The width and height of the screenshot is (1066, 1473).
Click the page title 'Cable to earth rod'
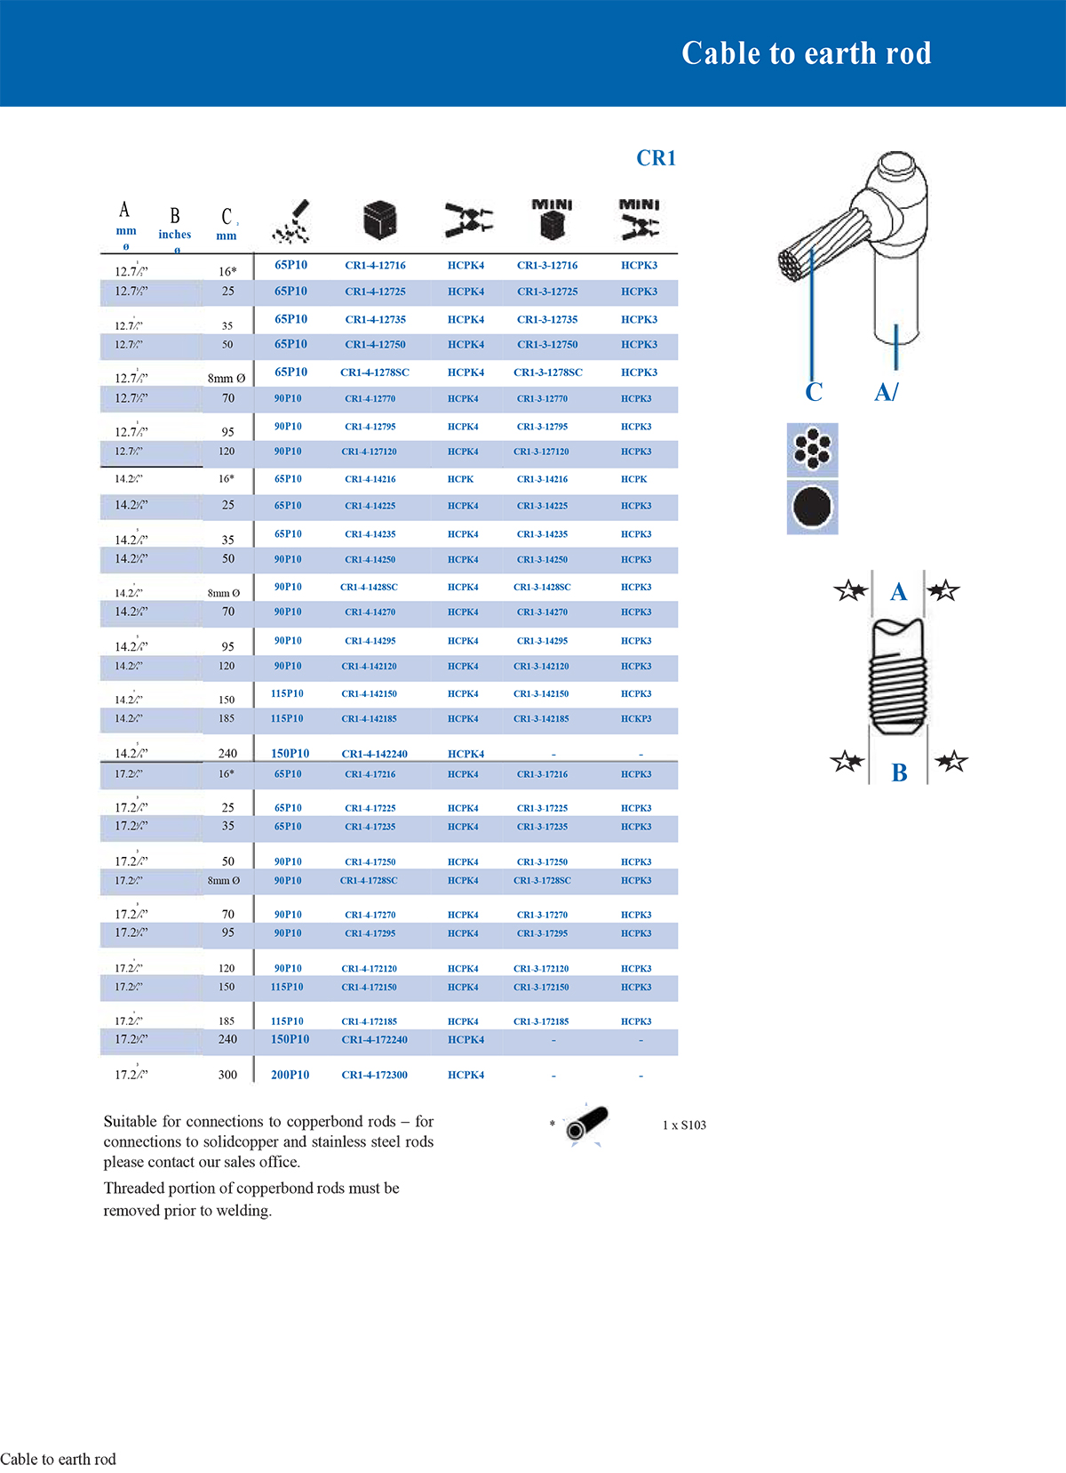[x=806, y=53]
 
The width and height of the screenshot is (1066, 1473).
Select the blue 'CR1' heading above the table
[x=656, y=158]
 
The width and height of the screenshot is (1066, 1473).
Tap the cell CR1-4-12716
[x=375, y=265]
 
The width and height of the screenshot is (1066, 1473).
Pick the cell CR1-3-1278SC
[x=547, y=372]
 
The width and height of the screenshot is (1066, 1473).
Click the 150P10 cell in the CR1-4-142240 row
[x=290, y=753]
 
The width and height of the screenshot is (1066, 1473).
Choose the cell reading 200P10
[x=290, y=1075]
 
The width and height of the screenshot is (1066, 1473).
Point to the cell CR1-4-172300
[x=374, y=1075]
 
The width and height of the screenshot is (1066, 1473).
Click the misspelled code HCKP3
[x=636, y=718]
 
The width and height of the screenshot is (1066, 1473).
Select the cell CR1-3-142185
[x=541, y=718]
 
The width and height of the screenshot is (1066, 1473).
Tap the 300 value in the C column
[x=227, y=1075]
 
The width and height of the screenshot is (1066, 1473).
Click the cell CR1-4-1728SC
[x=369, y=880]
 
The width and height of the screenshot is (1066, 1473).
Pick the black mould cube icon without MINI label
[x=379, y=220]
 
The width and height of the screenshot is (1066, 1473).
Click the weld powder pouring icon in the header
[x=291, y=222]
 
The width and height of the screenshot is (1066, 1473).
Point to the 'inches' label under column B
[x=174, y=235]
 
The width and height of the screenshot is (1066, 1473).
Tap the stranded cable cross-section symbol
[x=812, y=449]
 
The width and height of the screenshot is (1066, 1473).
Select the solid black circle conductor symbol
[x=812, y=508]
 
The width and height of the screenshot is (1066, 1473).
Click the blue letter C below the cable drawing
[x=814, y=392]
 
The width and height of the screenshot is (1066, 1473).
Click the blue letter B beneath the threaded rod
[x=899, y=773]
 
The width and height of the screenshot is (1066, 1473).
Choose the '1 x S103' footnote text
[x=684, y=1125]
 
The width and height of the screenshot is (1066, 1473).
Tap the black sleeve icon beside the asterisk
[x=587, y=1124]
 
